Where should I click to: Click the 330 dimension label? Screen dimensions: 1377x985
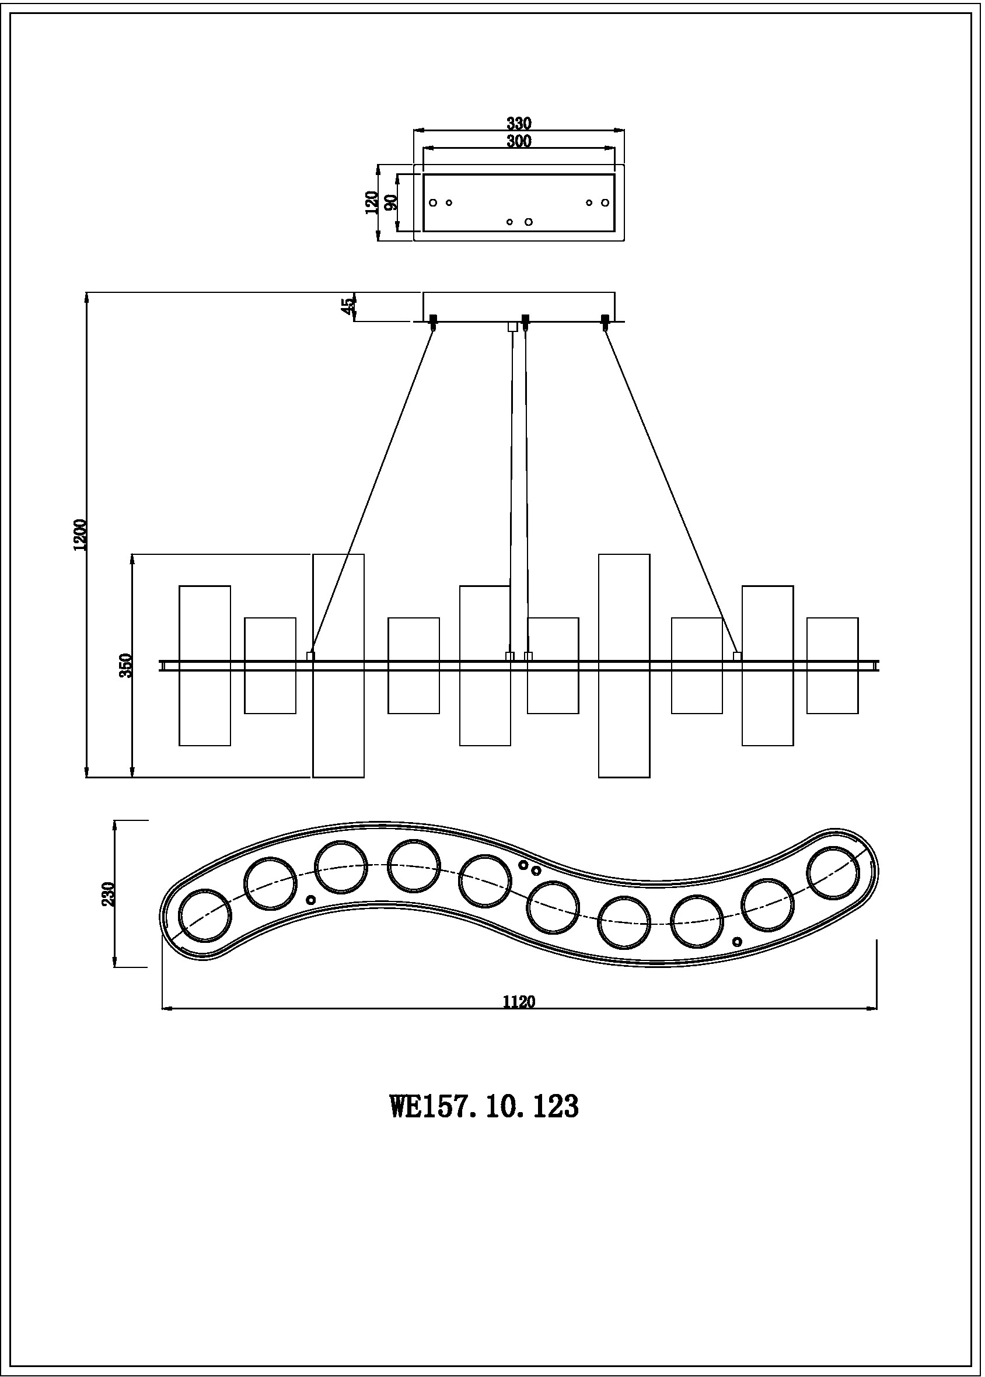[519, 123]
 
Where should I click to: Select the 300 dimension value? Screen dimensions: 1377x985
[519, 141]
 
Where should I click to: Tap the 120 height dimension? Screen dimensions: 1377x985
[371, 202]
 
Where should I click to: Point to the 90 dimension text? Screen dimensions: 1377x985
[391, 202]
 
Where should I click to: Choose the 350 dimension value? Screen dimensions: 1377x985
[125, 665]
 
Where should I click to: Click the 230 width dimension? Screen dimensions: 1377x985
[109, 894]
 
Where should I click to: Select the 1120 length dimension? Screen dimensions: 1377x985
[519, 1001]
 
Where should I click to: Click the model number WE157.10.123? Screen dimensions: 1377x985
[484, 1107]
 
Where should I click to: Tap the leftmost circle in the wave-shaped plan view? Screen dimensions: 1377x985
[205, 915]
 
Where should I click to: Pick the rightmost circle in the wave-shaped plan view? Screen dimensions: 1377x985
[833, 873]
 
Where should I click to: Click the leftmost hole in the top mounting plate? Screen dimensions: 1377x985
[433, 202]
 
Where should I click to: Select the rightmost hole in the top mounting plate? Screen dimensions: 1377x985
[605, 202]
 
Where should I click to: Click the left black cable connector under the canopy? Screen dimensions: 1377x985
[434, 321]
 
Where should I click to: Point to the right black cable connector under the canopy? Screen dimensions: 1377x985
[605, 321]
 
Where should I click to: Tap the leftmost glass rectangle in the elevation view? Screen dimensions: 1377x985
[204, 665]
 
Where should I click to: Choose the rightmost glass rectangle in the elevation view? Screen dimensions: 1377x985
[832, 665]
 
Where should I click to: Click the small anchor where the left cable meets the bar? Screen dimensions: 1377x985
[310, 656]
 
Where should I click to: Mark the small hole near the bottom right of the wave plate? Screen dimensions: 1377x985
[737, 942]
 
